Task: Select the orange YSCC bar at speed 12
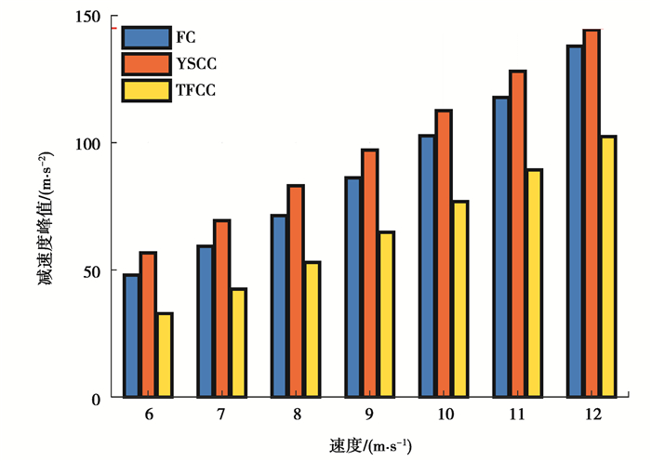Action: click(591, 214)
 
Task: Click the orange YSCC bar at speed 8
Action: click(295, 292)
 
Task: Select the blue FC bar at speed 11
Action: click(500, 247)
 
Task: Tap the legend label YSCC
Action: click(197, 64)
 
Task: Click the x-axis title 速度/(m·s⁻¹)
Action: click(368, 444)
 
